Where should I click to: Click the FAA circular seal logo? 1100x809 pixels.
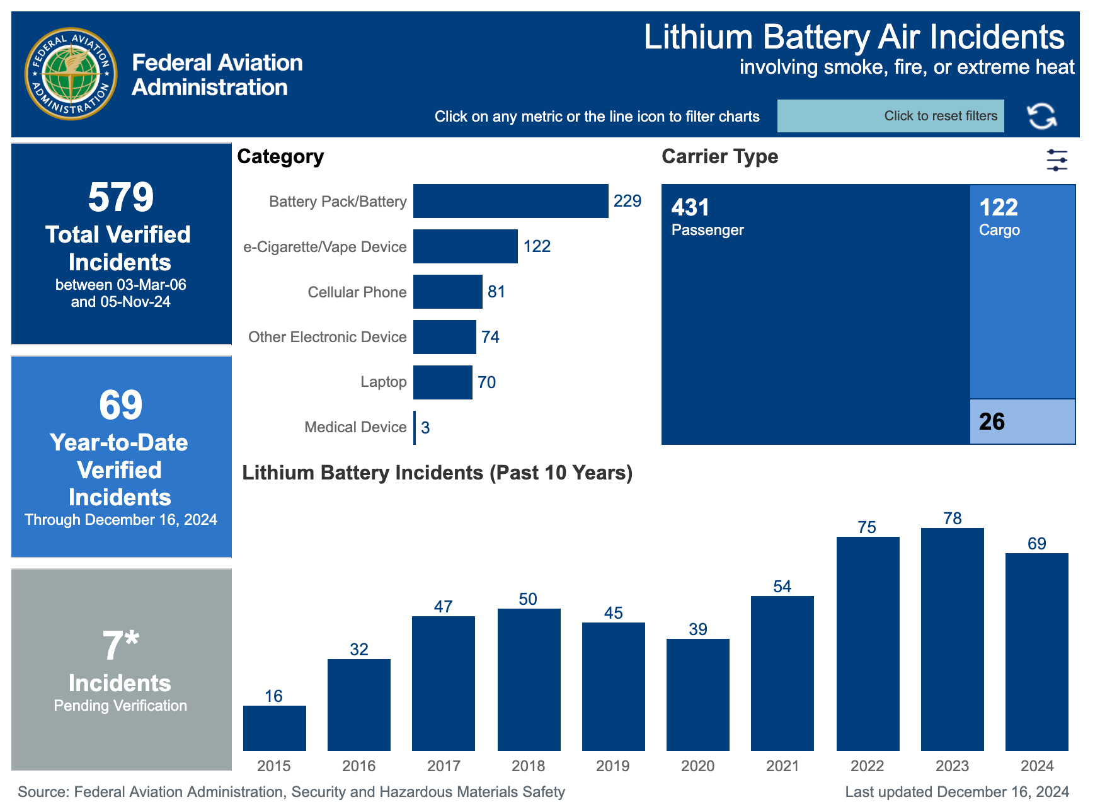coord(71,74)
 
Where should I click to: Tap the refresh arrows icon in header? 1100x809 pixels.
coord(1041,116)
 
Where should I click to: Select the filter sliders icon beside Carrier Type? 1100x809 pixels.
coord(1057,160)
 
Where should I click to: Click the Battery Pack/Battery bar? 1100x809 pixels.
coord(510,201)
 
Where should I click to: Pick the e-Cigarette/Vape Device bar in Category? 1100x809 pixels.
coord(465,246)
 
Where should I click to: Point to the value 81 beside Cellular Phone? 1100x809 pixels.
coord(496,292)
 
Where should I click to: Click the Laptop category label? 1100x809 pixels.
coord(383,382)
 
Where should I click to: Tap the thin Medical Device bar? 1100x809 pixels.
coord(415,427)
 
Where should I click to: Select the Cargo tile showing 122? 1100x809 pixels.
coord(1022,290)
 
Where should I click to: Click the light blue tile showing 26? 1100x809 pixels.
coord(1022,422)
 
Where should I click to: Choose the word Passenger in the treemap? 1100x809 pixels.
coord(707,230)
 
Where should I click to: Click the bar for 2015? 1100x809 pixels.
coord(274,728)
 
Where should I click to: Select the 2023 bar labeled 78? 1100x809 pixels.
coord(952,640)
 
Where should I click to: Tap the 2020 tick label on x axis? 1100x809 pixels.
coord(697,766)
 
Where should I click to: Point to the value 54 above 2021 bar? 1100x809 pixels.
coord(782,587)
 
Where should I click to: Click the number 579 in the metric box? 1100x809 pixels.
coord(120,197)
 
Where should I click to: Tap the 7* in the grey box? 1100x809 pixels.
coord(120,645)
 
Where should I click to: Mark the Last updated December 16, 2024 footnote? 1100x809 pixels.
coord(956,792)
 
